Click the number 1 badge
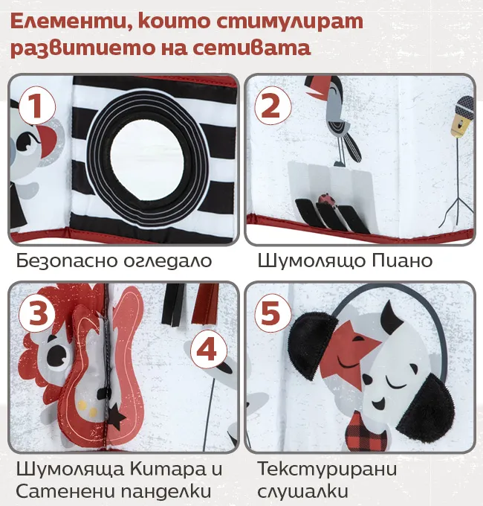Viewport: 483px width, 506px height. tap(36, 107)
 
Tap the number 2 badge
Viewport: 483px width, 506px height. tap(273, 107)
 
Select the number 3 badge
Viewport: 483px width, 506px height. tap(36, 313)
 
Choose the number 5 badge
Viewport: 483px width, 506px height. tap(273, 313)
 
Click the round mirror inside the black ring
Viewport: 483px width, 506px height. tap(147, 161)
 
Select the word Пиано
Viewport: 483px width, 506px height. tap(402, 260)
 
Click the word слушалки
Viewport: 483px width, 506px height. tap(302, 491)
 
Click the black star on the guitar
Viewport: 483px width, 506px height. tap(116, 417)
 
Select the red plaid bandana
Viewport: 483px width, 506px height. tap(366, 431)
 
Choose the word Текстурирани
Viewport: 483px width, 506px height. tap(327, 469)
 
